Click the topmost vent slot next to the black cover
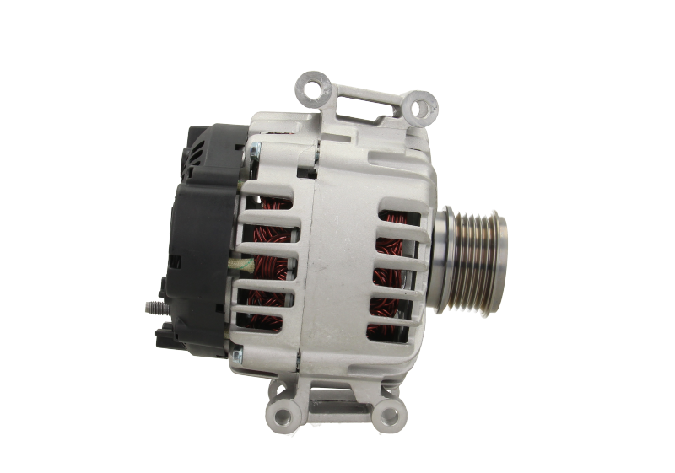click(267, 203)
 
